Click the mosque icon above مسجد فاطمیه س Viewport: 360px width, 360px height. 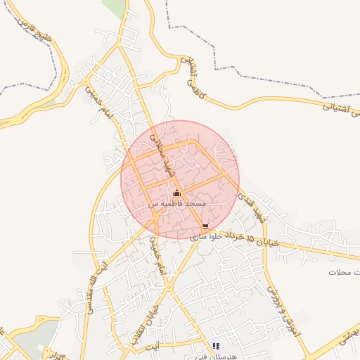coord(176,193)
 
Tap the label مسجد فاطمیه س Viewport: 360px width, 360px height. coord(176,203)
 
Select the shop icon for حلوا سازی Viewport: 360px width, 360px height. coord(205,226)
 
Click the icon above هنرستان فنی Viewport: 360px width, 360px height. coord(216,346)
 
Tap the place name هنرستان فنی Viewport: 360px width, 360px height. coord(216,355)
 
